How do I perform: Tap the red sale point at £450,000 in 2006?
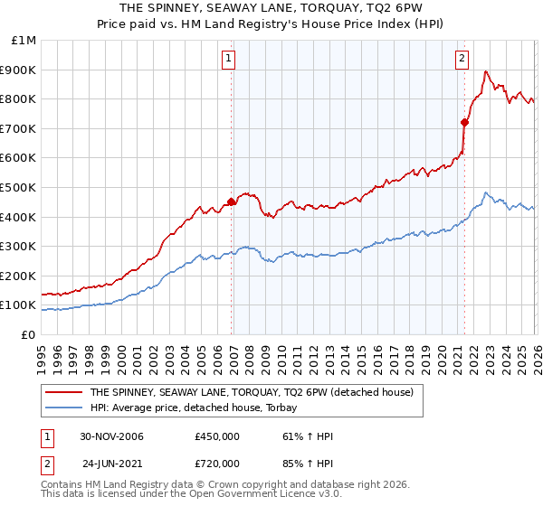[x=232, y=202]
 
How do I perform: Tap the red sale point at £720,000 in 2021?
[x=464, y=122]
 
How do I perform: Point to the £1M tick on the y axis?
[x=24, y=41]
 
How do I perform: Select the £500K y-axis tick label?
[x=20, y=188]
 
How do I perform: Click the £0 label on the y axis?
[x=28, y=334]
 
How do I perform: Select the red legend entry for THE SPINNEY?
[x=252, y=392]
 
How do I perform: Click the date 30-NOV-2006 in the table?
[x=111, y=436]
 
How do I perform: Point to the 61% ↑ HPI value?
[x=308, y=436]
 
